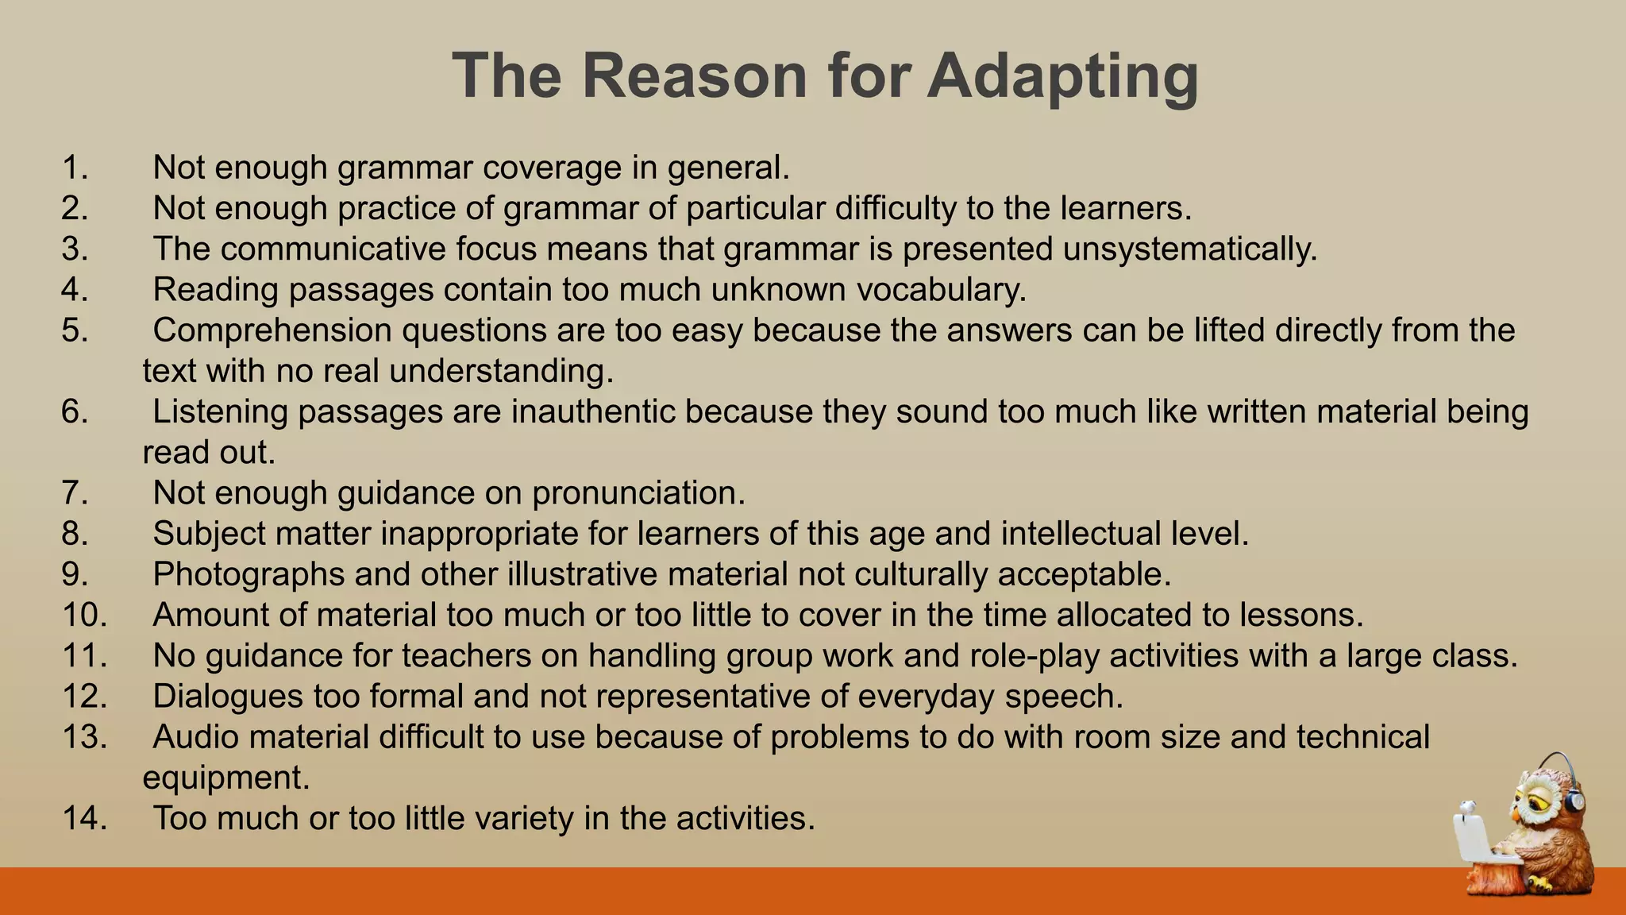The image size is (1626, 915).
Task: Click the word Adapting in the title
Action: pyautogui.click(x=1062, y=77)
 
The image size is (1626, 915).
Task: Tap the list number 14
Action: pyautogui.click(x=84, y=818)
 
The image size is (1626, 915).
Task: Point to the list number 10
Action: pyautogui.click(x=84, y=615)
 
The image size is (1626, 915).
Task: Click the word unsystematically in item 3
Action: pyautogui.click(x=1189, y=249)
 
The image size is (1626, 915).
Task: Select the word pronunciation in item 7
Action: pyautogui.click(x=638, y=493)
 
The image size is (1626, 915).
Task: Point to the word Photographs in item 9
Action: pyautogui.click(x=249, y=574)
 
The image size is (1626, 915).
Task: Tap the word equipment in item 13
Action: pyautogui.click(x=225, y=778)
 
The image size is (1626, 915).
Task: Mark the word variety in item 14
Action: pyautogui.click(x=524, y=818)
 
